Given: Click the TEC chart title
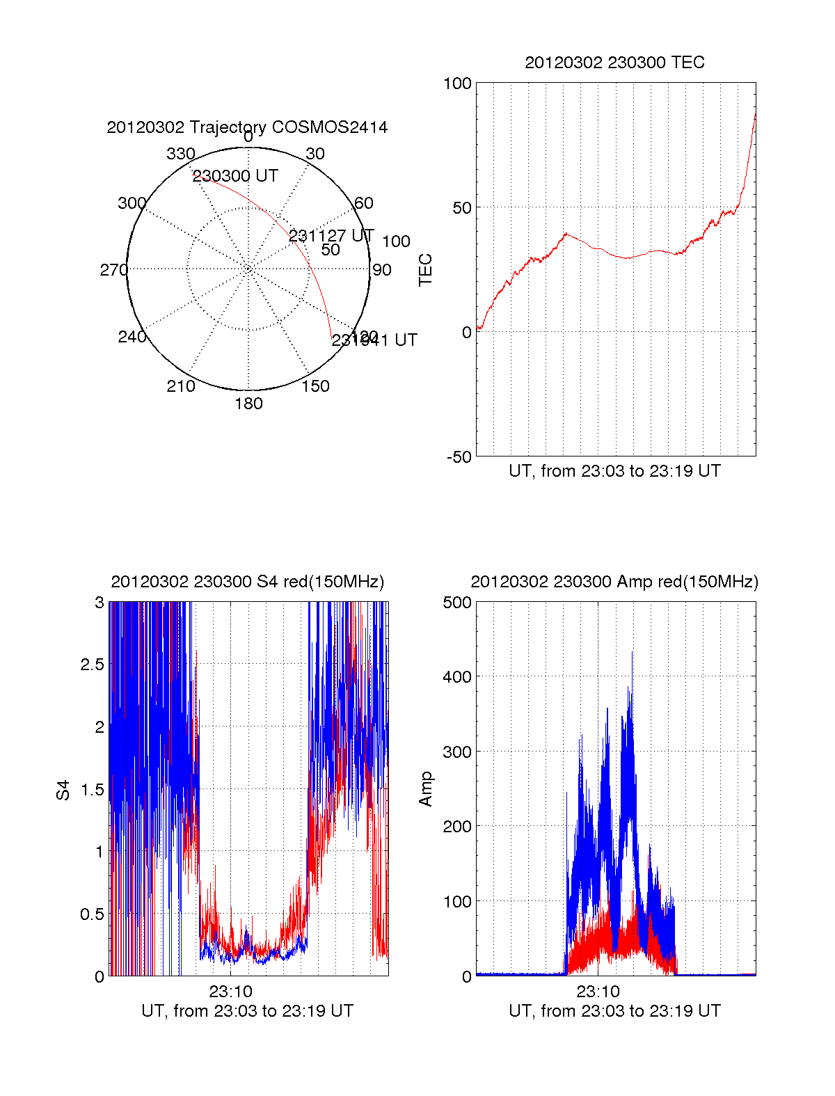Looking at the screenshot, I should (x=614, y=63).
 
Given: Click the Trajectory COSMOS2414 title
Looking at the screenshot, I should (x=247, y=127).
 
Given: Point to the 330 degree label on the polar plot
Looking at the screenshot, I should (x=181, y=154).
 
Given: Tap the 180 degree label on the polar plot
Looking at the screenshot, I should (x=248, y=404).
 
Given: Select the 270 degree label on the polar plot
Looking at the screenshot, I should (x=113, y=270).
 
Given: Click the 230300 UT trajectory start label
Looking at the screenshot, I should (x=235, y=176).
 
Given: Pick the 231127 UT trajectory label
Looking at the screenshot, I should (x=331, y=236).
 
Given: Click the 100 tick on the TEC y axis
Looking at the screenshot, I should (x=457, y=84).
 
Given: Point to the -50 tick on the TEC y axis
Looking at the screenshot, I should (x=459, y=457).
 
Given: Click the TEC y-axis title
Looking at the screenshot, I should (x=425, y=270).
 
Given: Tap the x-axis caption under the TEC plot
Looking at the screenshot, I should (x=614, y=471).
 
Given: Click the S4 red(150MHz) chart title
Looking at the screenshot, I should (x=247, y=582).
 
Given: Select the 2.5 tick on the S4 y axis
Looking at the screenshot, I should (x=93, y=665).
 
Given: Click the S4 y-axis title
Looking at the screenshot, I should (x=63, y=790).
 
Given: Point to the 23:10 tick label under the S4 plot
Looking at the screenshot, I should (x=230, y=992).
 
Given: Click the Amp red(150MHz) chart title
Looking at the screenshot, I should (x=614, y=582).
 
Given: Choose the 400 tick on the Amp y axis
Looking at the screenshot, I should (x=457, y=676).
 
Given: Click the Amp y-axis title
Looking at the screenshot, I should (x=425, y=789).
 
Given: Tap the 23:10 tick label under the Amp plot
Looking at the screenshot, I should (x=598, y=992).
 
